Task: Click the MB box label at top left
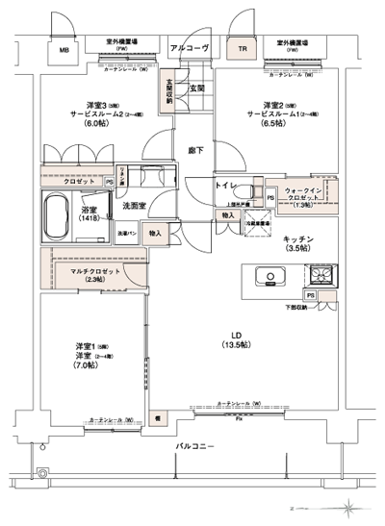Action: coord(64,49)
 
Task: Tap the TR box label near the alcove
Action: coord(243,49)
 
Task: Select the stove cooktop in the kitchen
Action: coord(319,278)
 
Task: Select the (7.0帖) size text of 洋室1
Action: coord(84,366)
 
